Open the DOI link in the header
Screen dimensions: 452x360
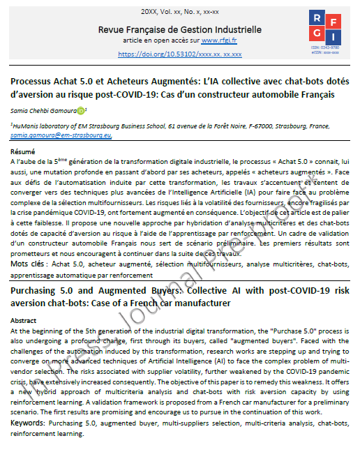(x=180, y=53)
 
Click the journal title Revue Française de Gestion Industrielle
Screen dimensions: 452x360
(x=180, y=29)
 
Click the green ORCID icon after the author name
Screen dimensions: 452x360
(x=81, y=110)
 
